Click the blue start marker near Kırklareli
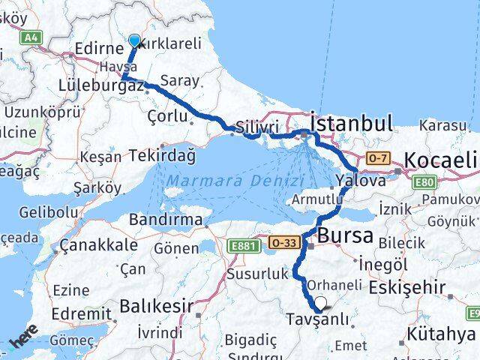pos(134,40)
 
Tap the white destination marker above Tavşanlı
pos(321,303)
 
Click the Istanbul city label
pos(352,124)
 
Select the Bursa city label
pos(345,235)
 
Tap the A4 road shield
pos(31,37)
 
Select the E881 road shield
pos(245,244)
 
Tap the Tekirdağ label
pos(162,155)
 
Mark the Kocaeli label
pos(440,160)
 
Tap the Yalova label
pos(361,181)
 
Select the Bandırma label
pos(166,220)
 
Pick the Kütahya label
pos(442,332)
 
